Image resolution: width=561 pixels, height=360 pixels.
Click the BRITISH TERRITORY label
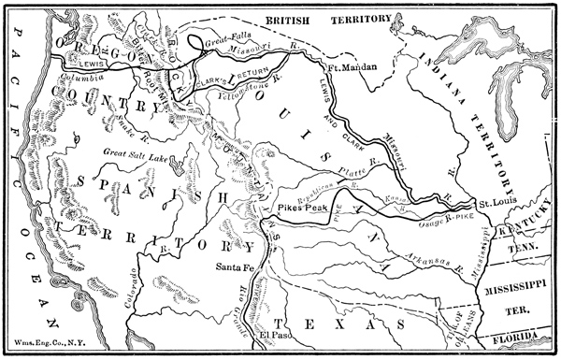coord(315,18)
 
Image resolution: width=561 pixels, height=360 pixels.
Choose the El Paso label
coord(277,334)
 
